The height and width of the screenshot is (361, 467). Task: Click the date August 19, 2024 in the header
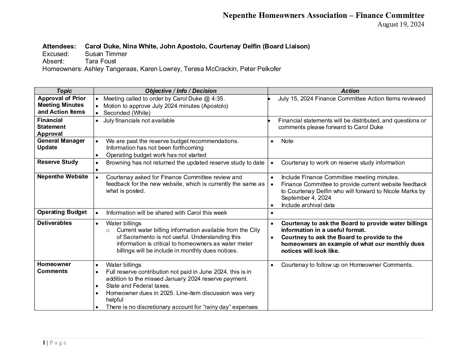tap(401, 24)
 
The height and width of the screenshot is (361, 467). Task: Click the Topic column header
tap(64, 91)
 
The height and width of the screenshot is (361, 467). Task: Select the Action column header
tap(350, 91)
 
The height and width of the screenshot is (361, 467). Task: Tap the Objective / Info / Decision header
tap(180, 91)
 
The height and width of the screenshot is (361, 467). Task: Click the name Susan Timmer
tap(106, 54)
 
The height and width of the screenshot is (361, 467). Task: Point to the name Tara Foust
tap(100, 61)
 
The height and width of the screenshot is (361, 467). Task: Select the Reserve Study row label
tap(58, 162)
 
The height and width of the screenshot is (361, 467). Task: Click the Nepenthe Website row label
tap(63, 177)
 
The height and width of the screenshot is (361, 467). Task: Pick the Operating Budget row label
tap(62, 212)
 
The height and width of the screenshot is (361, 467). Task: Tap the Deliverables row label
tap(54, 223)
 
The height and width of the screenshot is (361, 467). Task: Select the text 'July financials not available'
tap(139, 120)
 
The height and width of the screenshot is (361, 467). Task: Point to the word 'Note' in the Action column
tap(287, 141)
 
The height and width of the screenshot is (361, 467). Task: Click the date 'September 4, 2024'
tap(306, 198)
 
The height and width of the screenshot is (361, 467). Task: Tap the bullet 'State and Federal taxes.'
tap(138, 286)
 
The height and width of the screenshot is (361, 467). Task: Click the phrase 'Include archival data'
tap(308, 205)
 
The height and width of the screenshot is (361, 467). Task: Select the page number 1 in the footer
tap(44, 343)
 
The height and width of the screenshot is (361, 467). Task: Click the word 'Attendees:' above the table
tap(59, 46)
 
